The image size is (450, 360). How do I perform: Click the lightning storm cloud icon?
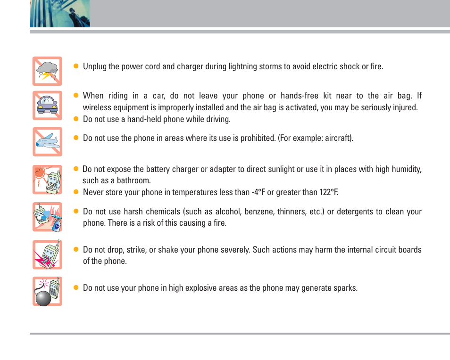47,71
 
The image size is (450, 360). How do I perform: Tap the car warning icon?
47,106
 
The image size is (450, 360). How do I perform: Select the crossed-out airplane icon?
47,141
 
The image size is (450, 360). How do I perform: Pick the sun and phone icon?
47,180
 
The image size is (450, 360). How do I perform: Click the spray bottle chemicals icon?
47,217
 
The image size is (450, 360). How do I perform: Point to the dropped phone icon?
47,254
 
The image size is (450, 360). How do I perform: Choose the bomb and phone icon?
47,291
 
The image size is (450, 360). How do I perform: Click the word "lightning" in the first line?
242,66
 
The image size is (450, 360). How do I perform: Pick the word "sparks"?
343,287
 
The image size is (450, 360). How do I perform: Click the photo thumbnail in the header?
60,13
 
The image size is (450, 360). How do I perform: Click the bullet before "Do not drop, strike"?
75,250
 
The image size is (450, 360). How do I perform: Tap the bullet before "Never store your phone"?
75,192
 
